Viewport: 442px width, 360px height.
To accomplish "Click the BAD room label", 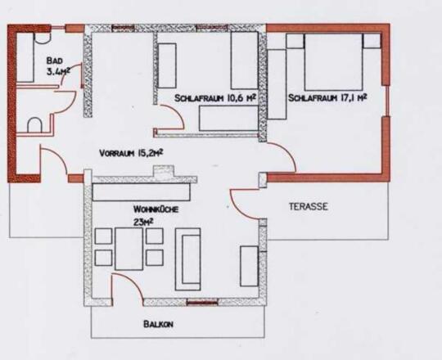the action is point(55,61).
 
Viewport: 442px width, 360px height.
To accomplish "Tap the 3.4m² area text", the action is point(58,71).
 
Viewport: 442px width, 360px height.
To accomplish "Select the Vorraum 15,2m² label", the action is point(131,153).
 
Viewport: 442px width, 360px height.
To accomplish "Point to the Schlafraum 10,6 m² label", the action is point(215,98).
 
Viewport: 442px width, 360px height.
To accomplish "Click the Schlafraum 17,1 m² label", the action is point(327,97).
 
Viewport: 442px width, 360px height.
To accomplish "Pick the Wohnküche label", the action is point(156,209).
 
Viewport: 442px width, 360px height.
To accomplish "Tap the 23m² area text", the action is point(143,222).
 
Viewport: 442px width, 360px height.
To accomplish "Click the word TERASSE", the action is point(309,206).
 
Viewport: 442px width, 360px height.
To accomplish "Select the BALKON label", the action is point(158,324).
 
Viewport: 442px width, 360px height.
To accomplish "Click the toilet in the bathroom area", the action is point(34,125).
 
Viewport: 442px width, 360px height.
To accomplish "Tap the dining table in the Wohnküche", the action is point(129,249).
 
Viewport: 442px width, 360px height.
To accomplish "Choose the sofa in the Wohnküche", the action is point(188,259).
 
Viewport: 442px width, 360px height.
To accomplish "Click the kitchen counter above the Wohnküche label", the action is point(142,192).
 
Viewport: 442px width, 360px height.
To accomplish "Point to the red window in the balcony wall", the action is point(202,303).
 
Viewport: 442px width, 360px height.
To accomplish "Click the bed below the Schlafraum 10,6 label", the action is point(228,118).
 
